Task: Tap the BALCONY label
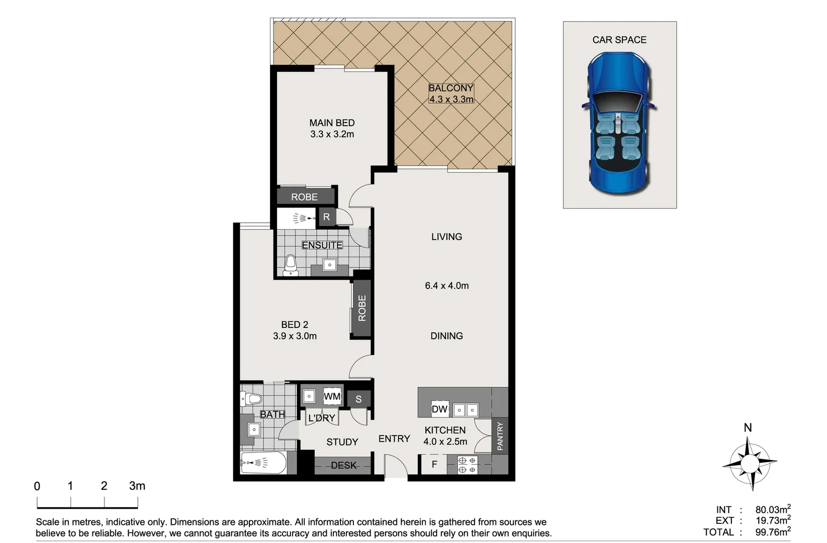coord(451,88)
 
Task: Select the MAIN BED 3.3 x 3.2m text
coord(332,129)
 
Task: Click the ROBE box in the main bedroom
coord(305,197)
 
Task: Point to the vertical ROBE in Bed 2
coord(362,308)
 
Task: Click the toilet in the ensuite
coord(291,265)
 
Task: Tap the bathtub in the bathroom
coord(263,463)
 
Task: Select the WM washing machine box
coord(332,396)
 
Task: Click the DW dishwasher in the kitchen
coord(439,409)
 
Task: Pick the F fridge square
coord(434,464)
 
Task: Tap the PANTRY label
coord(500,436)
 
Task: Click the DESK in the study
coord(343,465)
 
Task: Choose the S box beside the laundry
coord(358,399)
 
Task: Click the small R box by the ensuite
coord(327,217)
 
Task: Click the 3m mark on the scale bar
coord(137,486)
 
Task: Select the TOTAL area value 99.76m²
coord(773,532)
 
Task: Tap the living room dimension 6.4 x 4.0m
coord(446,286)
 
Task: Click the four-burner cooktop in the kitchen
coord(467,465)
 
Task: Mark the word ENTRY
coord(394,438)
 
